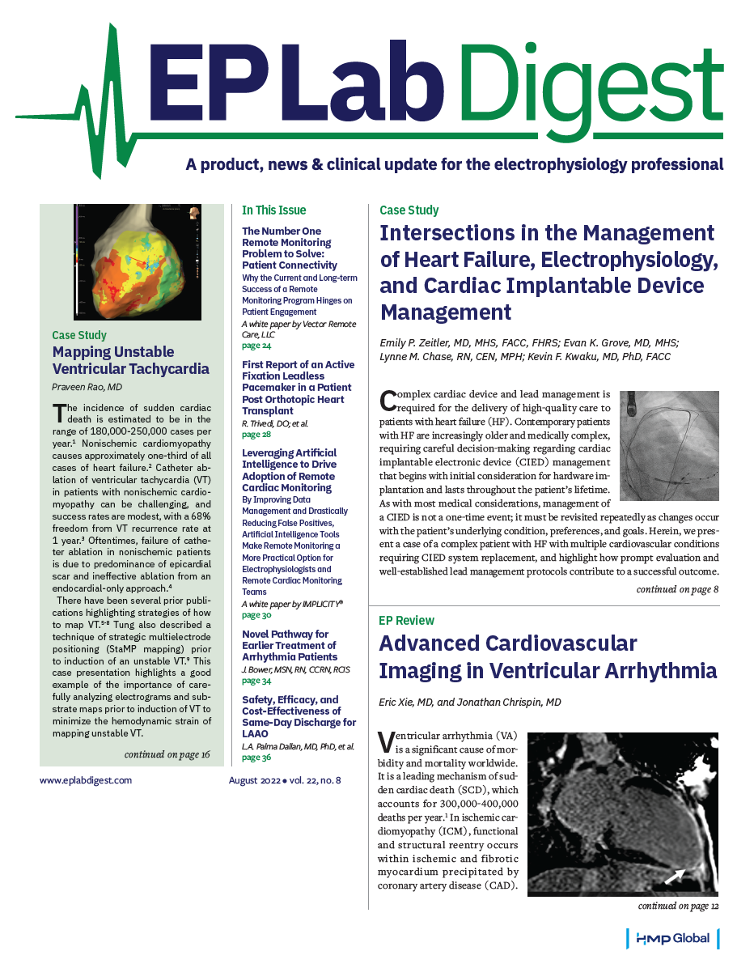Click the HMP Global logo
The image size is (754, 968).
tap(672, 938)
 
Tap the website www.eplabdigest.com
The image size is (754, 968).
tap(85, 780)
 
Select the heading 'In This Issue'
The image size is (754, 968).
tap(274, 210)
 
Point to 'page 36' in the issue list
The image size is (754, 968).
tap(257, 758)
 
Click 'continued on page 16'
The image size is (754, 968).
tap(167, 754)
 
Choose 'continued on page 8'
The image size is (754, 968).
tap(677, 590)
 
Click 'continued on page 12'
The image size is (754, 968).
tap(677, 906)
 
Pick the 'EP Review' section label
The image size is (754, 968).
tap(407, 621)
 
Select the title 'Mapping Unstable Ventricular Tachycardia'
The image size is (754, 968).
tap(130, 361)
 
